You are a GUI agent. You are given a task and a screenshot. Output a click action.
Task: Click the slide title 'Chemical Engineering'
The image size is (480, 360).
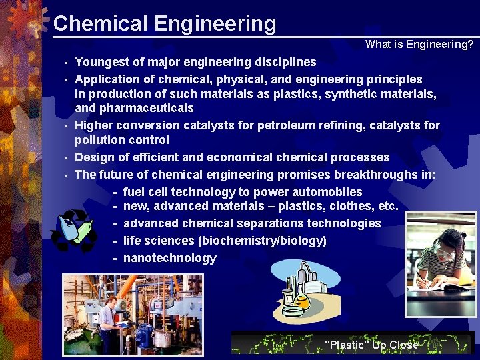(x=164, y=23)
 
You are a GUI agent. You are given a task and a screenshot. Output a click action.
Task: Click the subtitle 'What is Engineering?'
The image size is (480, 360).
(x=419, y=45)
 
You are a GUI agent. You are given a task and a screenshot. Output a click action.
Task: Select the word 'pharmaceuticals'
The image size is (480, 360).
(x=134, y=108)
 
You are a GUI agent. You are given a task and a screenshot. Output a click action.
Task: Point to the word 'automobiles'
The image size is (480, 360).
(x=329, y=192)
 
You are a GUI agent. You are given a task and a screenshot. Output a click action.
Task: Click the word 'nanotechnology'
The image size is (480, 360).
(x=170, y=258)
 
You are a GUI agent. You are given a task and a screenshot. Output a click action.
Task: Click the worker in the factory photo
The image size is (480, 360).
(x=111, y=314)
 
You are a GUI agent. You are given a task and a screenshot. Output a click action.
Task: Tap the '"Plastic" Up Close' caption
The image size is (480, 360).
(x=371, y=345)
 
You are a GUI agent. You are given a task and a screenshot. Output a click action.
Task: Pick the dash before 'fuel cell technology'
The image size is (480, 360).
(x=115, y=193)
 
